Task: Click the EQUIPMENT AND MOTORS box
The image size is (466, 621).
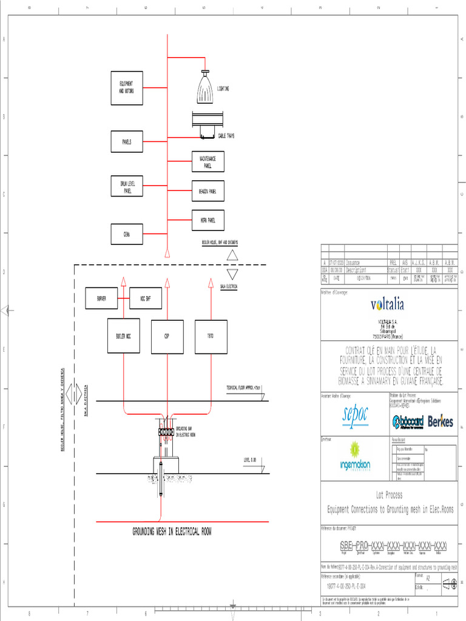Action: tap(127, 88)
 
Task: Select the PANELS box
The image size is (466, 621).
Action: tap(127, 141)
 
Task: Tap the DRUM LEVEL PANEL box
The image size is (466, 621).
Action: tap(127, 186)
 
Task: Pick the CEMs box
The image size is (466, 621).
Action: tap(127, 234)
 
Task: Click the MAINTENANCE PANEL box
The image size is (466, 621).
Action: tap(208, 161)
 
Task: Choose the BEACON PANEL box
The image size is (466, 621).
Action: tap(208, 191)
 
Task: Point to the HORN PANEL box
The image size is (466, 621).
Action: tap(208, 220)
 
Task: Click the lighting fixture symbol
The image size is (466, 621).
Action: tap(206, 88)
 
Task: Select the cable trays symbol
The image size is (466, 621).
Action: tap(208, 124)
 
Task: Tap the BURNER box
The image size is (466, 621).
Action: tap(101, 298)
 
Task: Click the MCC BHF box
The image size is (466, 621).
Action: tap(146, 298)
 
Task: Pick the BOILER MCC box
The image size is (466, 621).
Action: tap(124, 336)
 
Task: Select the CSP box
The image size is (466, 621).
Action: tap(167, 337)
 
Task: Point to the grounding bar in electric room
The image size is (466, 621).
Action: tap(166, 433)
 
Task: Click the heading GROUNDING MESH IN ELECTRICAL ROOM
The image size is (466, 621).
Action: tap(172, 532)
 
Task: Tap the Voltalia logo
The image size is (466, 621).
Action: tap(387, 304)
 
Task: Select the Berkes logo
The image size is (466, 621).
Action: tap(441, 421)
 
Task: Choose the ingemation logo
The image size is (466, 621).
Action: tap(354, 457)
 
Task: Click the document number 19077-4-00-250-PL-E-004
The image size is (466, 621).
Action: tap(346, 587)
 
